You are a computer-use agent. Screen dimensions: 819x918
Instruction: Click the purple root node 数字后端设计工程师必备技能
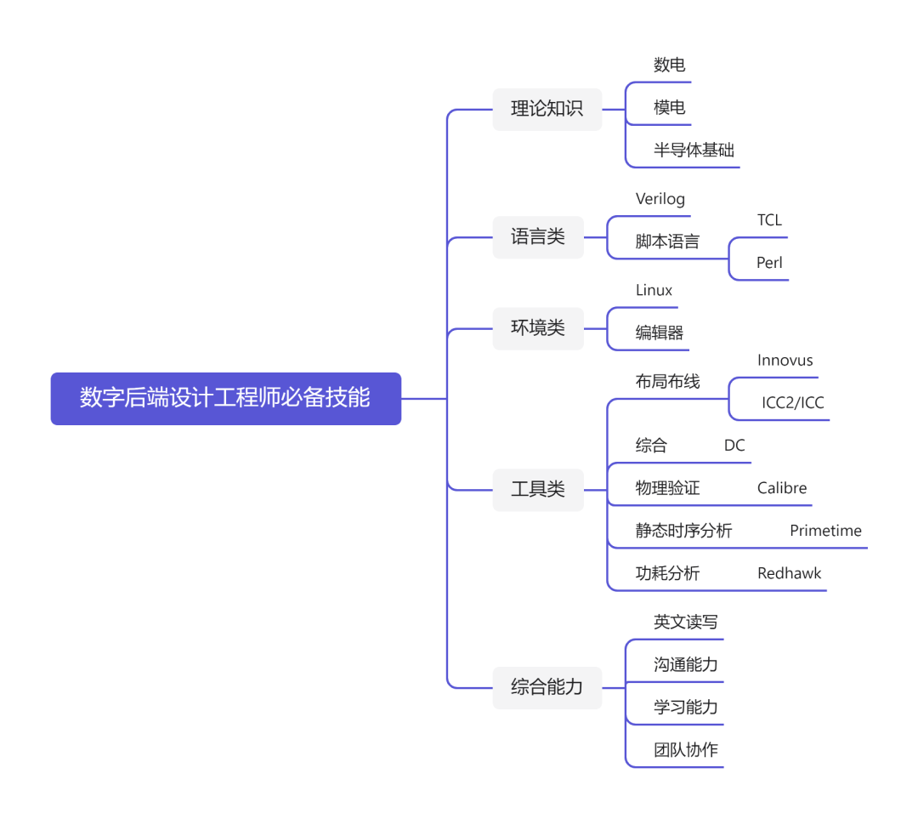point(225,398)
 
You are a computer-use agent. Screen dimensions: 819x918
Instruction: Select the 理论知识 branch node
point(547,109)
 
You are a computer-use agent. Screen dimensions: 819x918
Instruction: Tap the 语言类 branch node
point(537,236)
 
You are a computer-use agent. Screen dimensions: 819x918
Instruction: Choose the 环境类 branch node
point(537,327)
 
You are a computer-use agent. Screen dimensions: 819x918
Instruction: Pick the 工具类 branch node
point(537,489)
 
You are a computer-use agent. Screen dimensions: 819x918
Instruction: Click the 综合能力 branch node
point(547,687)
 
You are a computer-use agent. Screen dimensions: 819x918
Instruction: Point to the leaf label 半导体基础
point(694,151)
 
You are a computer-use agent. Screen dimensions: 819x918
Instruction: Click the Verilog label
point(660,199)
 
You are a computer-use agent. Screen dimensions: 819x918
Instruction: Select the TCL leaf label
point(769,220)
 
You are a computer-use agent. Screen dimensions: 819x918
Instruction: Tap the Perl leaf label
point(769,263)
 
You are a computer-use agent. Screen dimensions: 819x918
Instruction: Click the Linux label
point(654,290)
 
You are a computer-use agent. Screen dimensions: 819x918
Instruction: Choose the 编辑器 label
point(659,333)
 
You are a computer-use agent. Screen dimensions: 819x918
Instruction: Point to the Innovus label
point(785,361)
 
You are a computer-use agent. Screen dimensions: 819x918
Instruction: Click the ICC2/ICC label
point(792,403)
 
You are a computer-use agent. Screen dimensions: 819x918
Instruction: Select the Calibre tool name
point(782,488)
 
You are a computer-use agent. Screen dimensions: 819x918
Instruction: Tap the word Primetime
point(825,531)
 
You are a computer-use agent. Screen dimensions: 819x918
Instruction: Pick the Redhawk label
point(789,573)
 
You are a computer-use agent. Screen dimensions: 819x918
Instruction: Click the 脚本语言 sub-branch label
point(667,242)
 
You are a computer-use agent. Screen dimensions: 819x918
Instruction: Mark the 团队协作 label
point(685,750)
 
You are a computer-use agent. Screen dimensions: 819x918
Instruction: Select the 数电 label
point(669,65)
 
